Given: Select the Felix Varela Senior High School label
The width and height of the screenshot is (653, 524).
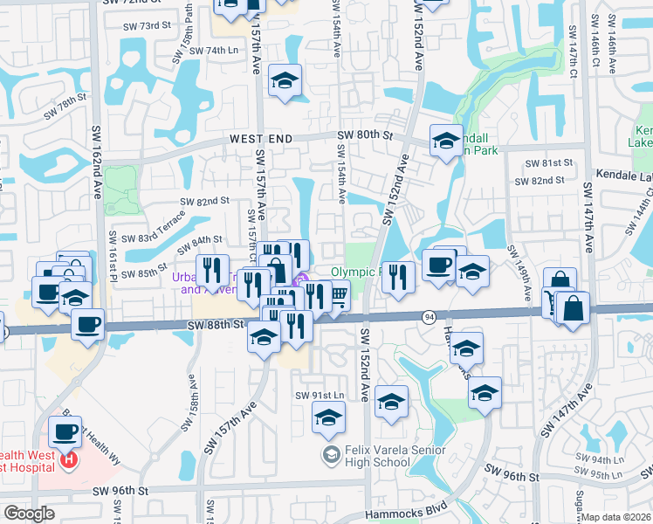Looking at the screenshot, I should (x=375, y=456).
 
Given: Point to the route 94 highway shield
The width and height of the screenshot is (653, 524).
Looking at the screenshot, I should (x=430, y=315).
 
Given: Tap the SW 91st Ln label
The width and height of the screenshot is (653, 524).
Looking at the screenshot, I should (x=317, y=396).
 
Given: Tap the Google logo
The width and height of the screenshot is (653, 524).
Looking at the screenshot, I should (x=29, y=514).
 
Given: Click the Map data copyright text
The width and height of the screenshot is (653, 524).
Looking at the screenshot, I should (x=616, y=517).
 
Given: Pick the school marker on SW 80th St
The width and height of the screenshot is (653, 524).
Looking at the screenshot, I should (x=445, y=140).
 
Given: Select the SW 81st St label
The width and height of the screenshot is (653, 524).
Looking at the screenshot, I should (x=550, y=163).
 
